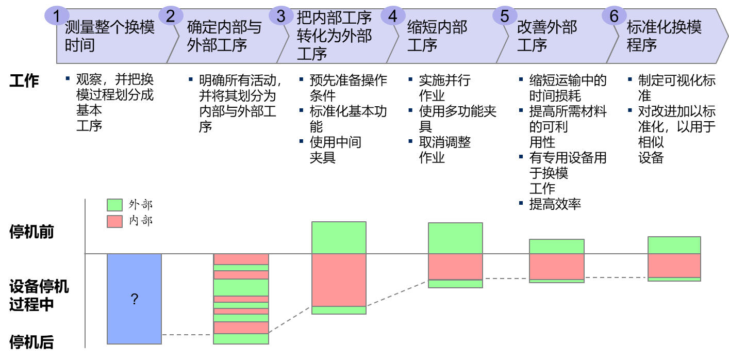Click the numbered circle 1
(x=57, y=17)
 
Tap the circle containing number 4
(x=393, y=17)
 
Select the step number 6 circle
(x=614, y=17)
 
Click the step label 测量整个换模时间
(x=110, y=36)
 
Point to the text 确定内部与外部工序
(x=224, y=36)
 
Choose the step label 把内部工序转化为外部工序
(x=334, y=36)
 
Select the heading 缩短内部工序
(x=437, y=36)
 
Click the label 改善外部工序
(x=547, y=36)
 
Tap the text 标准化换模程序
(x=664, y=36)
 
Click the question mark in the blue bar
(x=135, y=299)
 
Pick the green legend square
(x=115, y=205)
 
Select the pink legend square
(x=115, y=222)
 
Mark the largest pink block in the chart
(x=339, y=280)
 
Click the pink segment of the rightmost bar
(x=674, y=266)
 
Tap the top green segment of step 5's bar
(x=557, y=247)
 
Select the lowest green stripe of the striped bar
(x=241, y=339)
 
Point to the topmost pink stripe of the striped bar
(x=241, y=259)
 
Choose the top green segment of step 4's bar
(x=455, y=238)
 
